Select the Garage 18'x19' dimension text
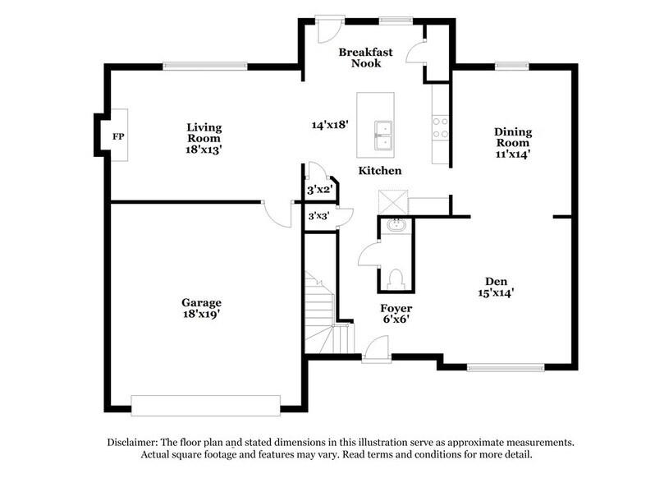pos(202,314)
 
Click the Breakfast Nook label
pos(366,57)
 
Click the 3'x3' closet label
pos(318,217)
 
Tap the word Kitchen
pos(379,171)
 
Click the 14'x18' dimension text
pos(331,126)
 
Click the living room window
pos(204,67)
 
